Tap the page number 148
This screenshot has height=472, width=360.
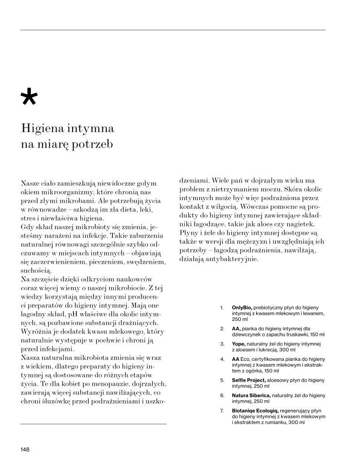(x=25, y=449)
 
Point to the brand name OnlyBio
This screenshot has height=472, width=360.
(x=242, y=307)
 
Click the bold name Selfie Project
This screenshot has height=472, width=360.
(x=247, y=379)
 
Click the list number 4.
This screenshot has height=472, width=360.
(x=222, y=359)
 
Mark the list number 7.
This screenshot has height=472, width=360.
(x=222, y=411)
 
